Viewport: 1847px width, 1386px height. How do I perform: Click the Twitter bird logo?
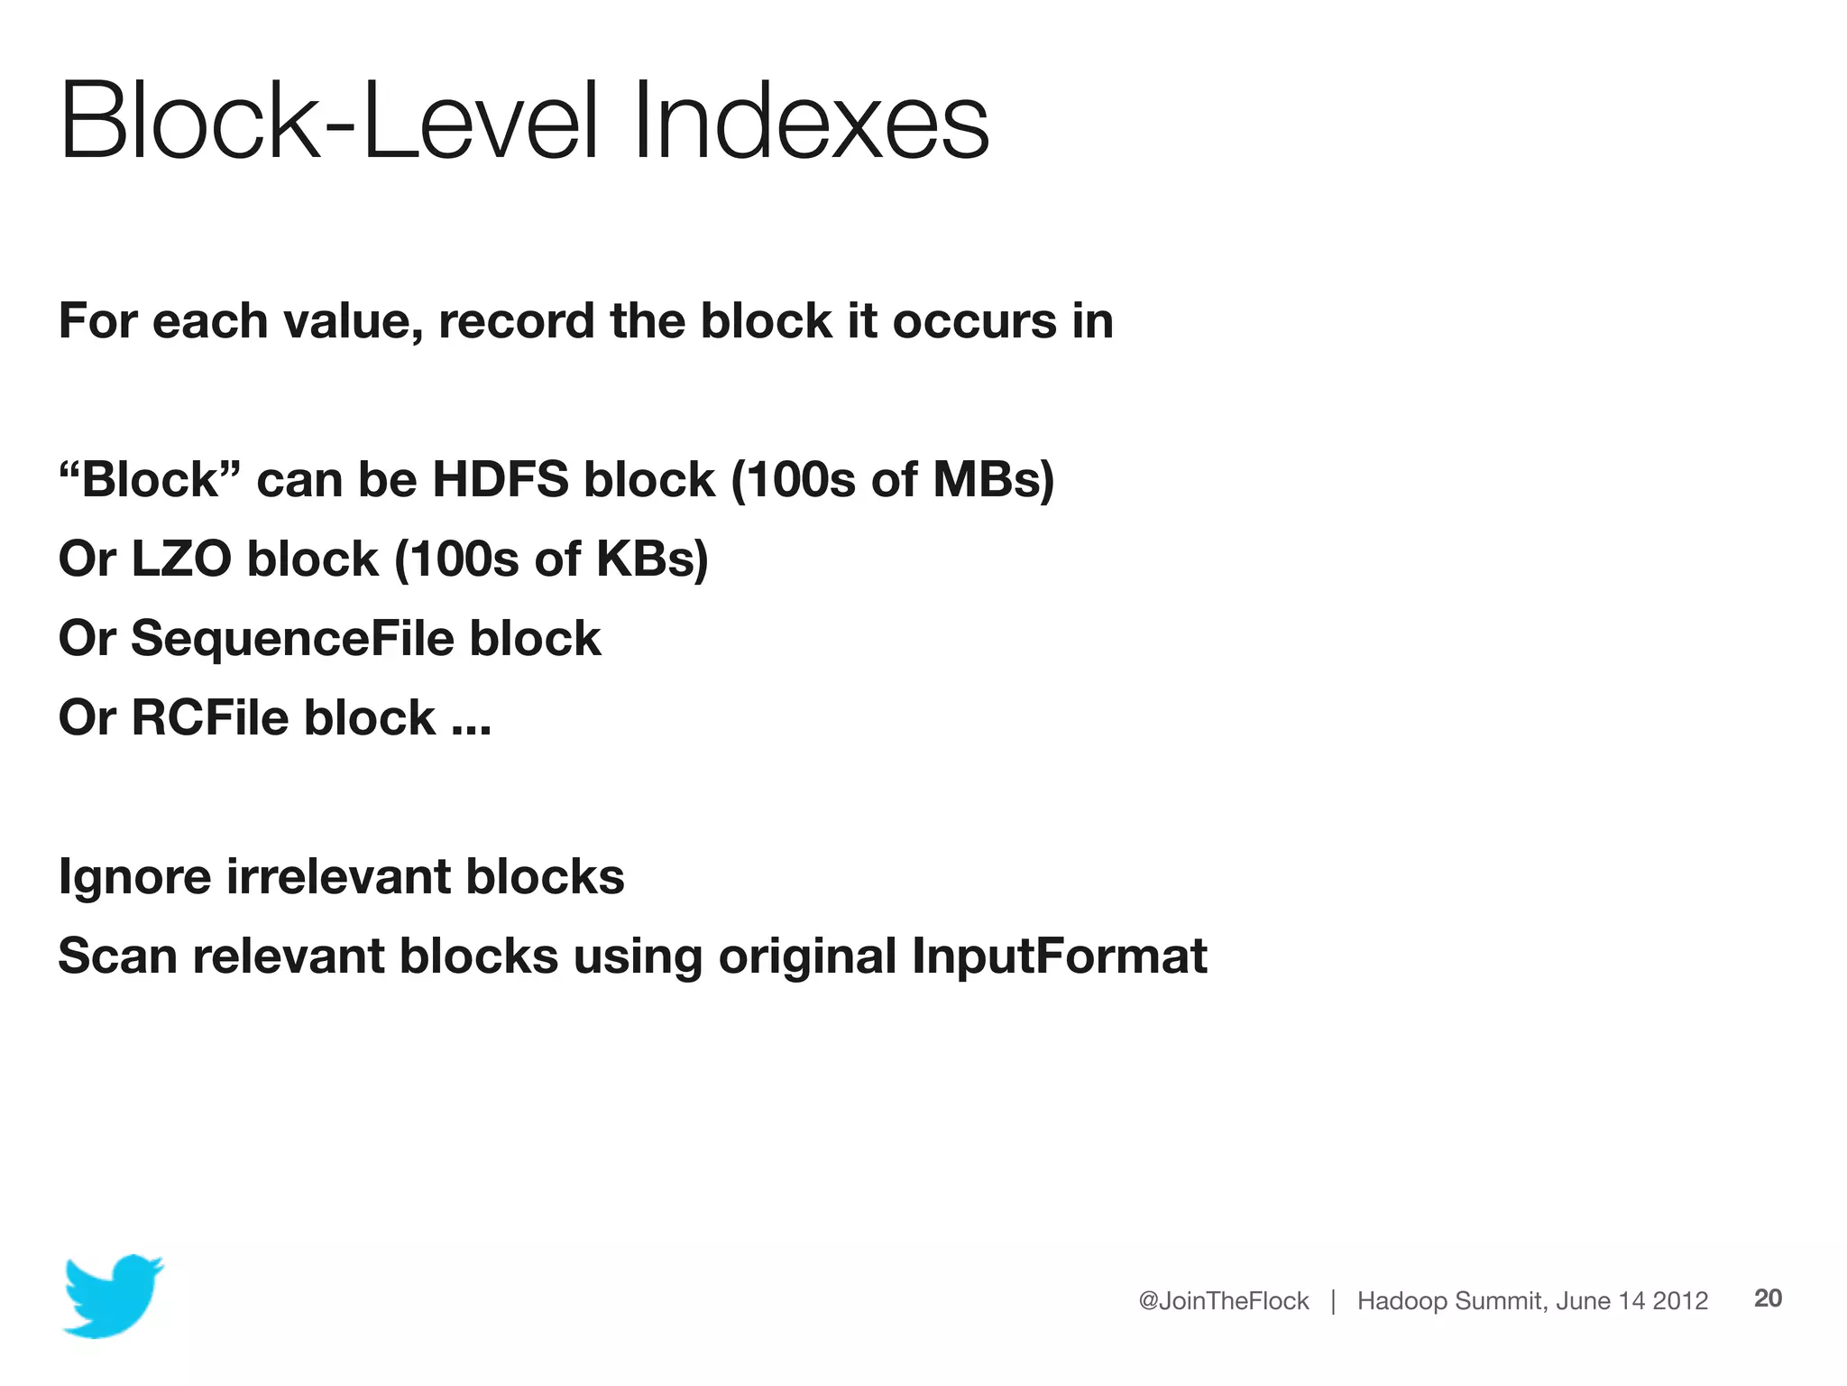[x=113, y=1295]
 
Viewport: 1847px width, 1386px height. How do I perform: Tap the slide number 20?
[x=1768, y=1298]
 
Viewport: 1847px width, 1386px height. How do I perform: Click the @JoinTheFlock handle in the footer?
[x=1223, y=1300]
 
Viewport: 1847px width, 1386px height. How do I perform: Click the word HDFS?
[x=501, y=479]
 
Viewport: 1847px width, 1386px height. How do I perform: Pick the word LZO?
[x=181, y=559]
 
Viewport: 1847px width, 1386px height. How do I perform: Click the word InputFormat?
[x=1059, y=956]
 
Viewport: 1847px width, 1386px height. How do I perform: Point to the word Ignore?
[x=134, y=877]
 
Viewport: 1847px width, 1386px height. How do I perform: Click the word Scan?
[x=117, y=956]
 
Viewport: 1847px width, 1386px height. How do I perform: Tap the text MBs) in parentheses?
[x=993, y=479]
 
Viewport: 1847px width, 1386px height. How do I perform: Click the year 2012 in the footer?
[x=1680, y=1300]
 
